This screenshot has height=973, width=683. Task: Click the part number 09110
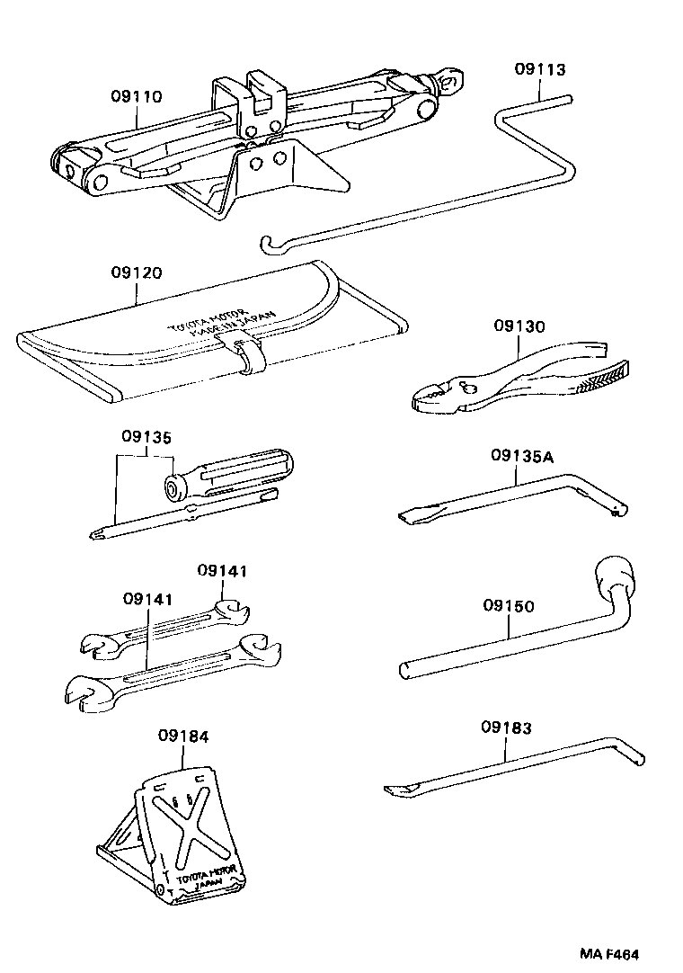(137, 96)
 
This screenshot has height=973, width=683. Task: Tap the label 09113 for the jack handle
(540, 69)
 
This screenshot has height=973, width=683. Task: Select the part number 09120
(137, 272)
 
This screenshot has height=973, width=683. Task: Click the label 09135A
(522, 457)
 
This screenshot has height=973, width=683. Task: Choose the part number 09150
(508, 606)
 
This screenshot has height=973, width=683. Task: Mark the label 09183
(506, 727)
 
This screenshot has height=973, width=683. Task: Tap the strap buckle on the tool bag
(246, 353)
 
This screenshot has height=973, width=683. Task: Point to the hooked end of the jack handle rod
(267, 243)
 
